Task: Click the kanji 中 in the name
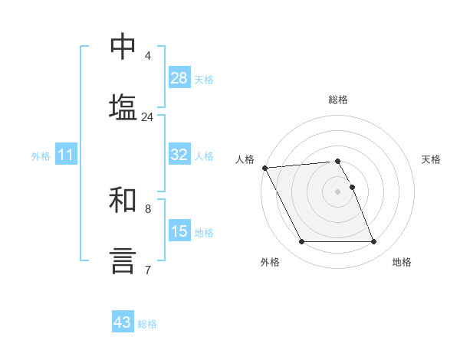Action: coord(123,47)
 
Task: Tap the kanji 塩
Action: coord(123,106)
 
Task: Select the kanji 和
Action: coord(123,201)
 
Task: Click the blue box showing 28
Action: coord(179,78)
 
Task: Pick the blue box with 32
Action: coord(179,155)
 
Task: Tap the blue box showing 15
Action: coord(179,231)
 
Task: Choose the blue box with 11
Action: coord(65,155)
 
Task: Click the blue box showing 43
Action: coord(123,322)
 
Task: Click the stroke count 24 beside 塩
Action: coord(147,117)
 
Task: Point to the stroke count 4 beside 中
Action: coord(147,56)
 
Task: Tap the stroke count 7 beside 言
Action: coord(147,270)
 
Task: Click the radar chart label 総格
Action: coord(338,100)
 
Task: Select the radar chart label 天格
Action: coord(432,159)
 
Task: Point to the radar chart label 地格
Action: coord(402,262)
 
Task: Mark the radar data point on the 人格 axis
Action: coord(264,168)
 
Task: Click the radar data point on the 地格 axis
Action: coord(373,242)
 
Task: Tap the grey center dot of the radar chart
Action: coord(338,191)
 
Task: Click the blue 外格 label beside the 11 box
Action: coord(41,156)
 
